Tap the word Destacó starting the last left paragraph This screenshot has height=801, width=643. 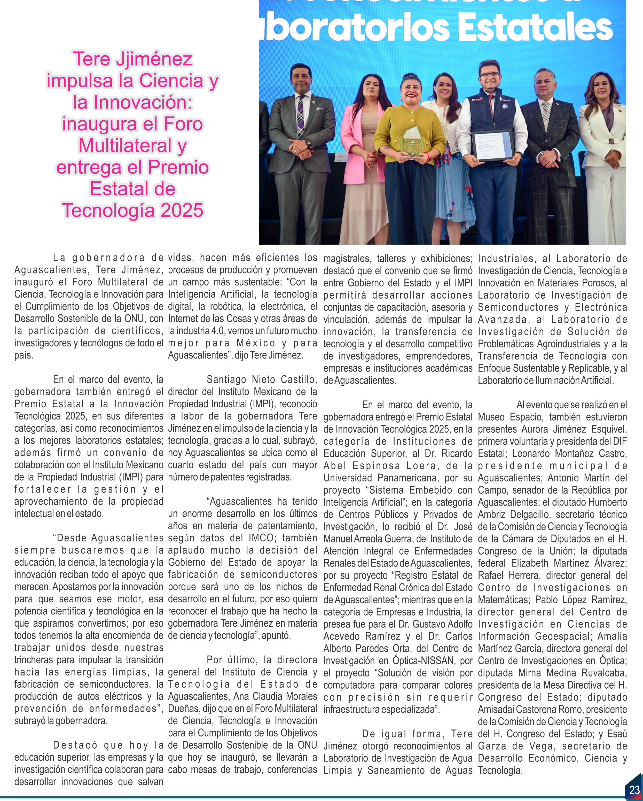pyautogui.click(x=75, y=745)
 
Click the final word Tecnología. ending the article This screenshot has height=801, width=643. pyautogui.click(x=500, y=770)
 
